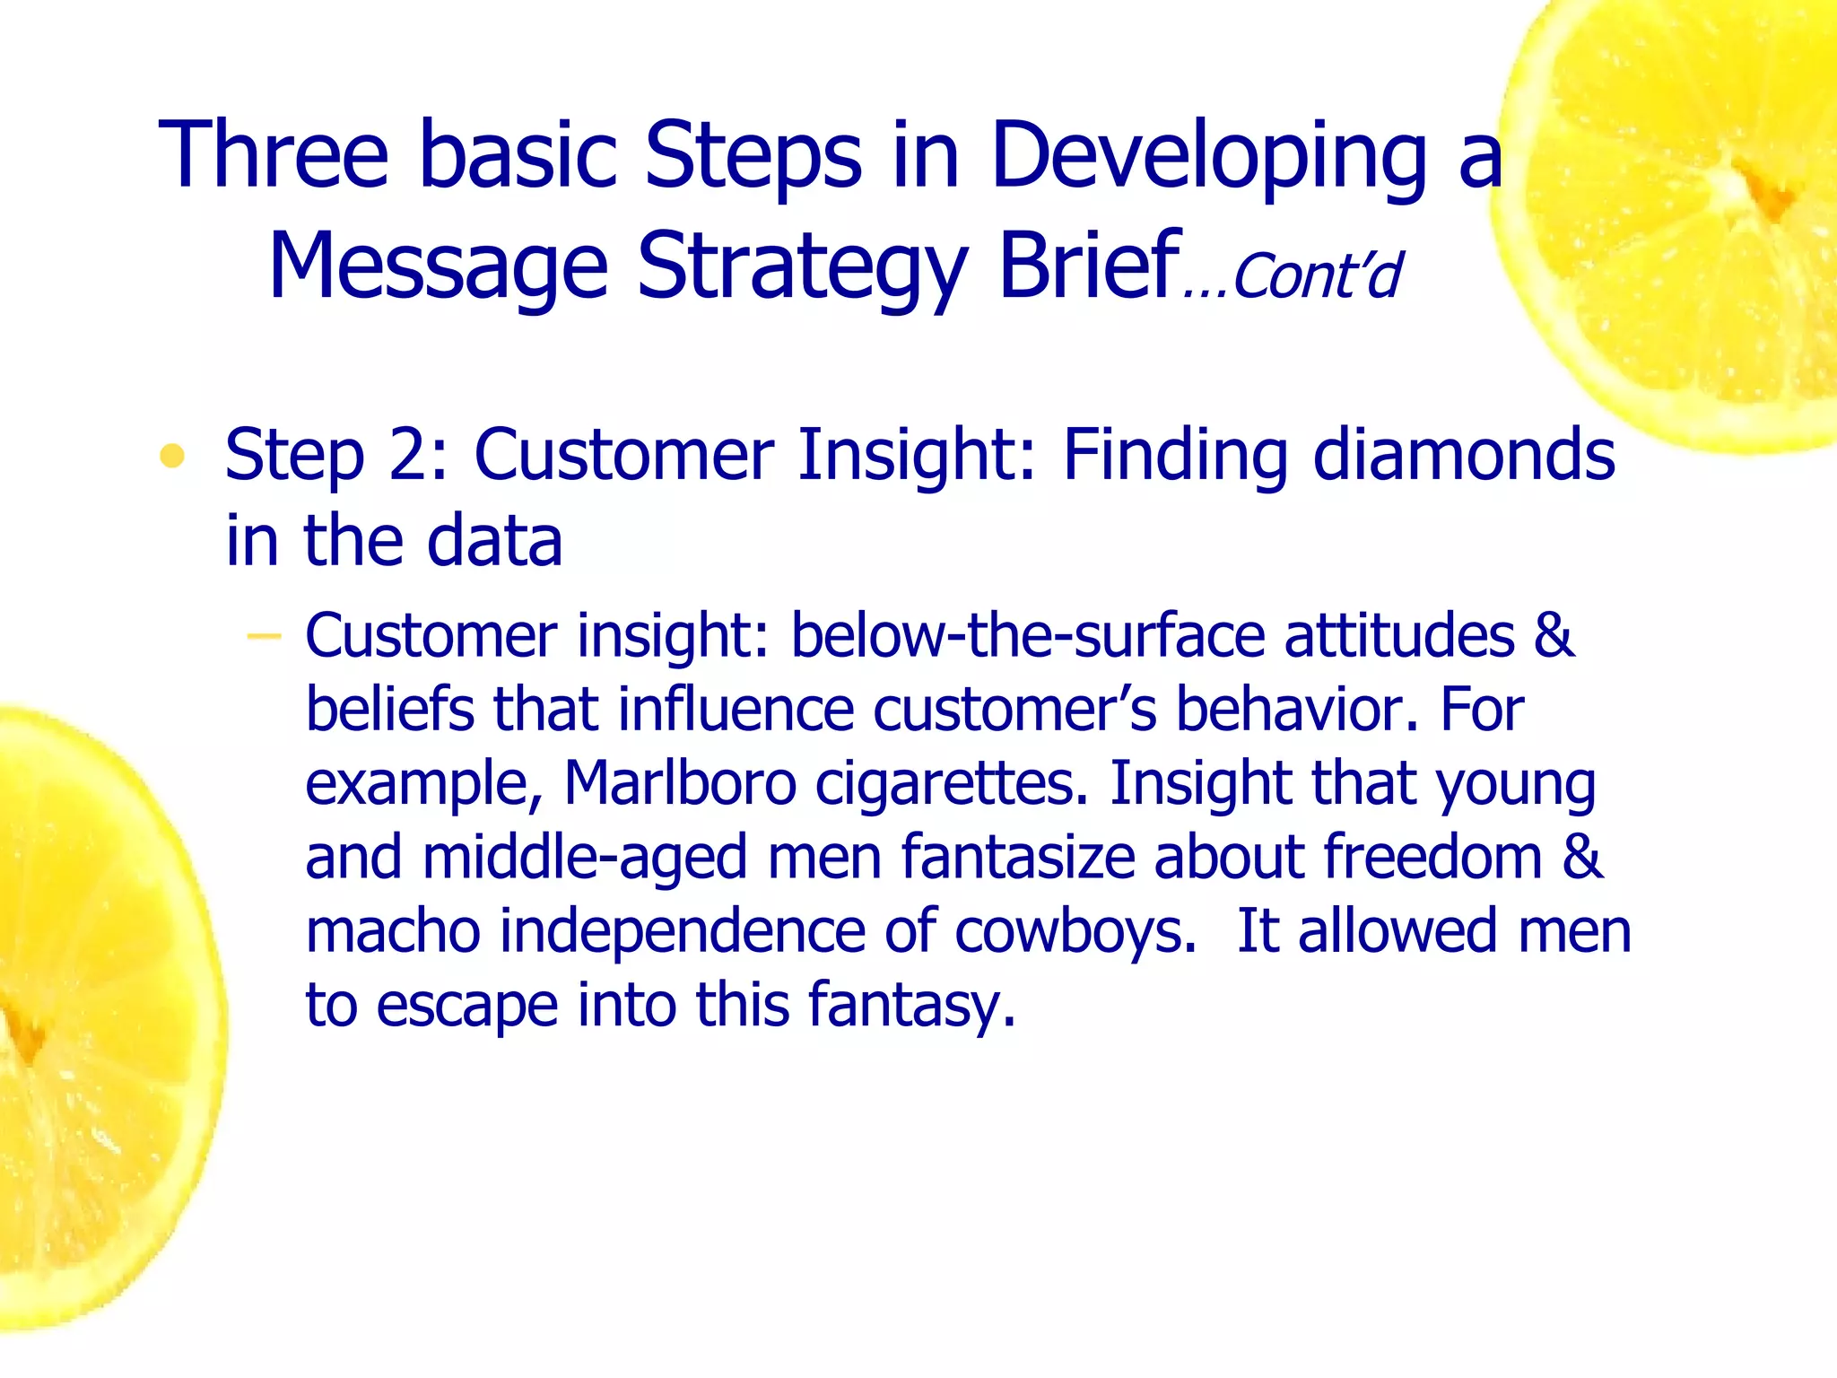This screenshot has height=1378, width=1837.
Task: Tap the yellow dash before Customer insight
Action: [264, 637]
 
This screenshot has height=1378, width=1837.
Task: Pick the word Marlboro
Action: [679, 783]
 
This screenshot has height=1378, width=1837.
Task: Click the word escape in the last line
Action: [466, 1006]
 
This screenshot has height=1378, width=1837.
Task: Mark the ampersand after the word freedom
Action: [1582, 857]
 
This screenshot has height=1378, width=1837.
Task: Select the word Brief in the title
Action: [1089, 266]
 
